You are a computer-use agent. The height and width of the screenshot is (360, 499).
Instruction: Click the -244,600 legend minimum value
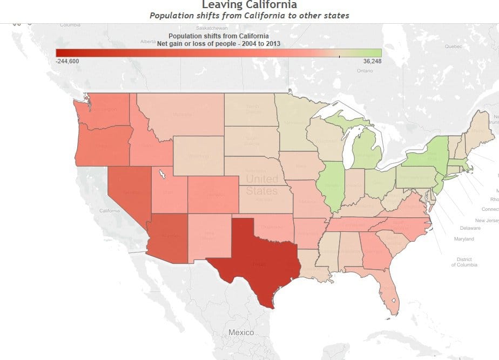[x=67, y=61]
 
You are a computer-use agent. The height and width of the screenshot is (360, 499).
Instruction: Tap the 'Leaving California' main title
[x=249, y=5]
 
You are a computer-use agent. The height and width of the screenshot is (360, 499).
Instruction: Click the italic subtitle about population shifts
[x=249, y=15]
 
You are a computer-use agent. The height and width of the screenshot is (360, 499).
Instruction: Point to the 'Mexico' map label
[x=241, y=332]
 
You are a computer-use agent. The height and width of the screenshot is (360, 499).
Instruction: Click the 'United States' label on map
[x=262, y=184]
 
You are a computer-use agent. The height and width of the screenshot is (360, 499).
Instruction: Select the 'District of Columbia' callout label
[x=464, y=262]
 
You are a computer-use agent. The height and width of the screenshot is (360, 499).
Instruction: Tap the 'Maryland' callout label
[x=464, y=238]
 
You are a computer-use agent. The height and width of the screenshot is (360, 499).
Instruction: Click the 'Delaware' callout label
[x=470, y=228]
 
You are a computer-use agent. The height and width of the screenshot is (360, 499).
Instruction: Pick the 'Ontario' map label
[x=365, y=71]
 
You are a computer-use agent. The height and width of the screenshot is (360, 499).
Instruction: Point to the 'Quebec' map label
[x=453, y=46]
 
